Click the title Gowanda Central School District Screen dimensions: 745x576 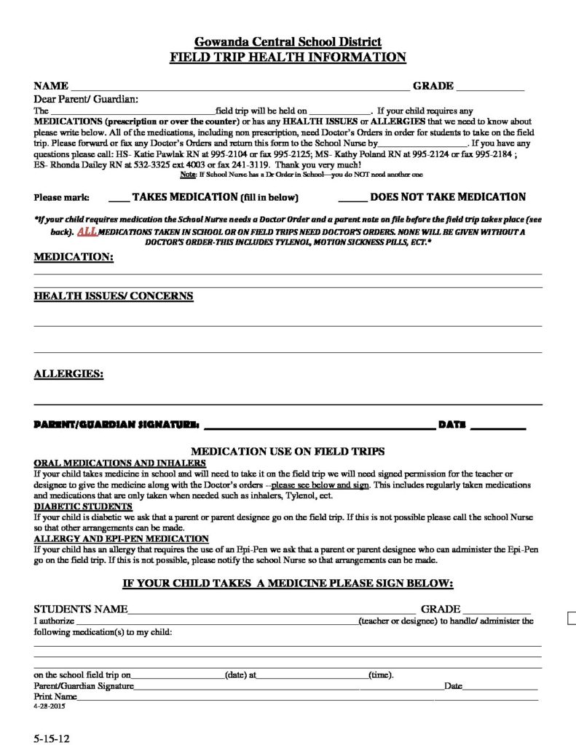(288, 42)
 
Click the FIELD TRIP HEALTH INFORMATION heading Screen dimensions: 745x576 (288, 57)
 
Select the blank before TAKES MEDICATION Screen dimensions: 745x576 (119, 197)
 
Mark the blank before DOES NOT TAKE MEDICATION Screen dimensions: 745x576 (352, 197)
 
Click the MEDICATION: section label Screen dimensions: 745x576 (74, 257)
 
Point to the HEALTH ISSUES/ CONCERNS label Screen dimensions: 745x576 (114, 296)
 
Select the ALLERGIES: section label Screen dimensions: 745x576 (68, 374)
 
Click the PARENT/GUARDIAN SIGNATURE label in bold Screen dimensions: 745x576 (117, 424)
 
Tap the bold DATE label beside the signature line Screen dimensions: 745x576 (451, 424)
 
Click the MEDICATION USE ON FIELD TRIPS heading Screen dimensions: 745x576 (288, 451)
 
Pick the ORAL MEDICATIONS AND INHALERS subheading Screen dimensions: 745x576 (120, 463)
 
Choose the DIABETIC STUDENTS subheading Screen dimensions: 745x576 (83, 506)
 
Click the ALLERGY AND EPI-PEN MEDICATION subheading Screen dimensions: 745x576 (122, 538)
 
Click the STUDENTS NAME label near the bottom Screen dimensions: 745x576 (81, 608)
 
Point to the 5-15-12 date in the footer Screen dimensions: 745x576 (51, 736)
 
